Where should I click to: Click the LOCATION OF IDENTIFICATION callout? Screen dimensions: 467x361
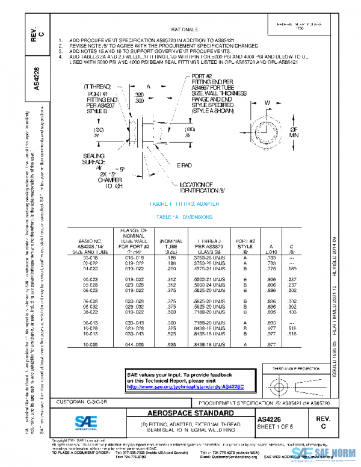195,187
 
